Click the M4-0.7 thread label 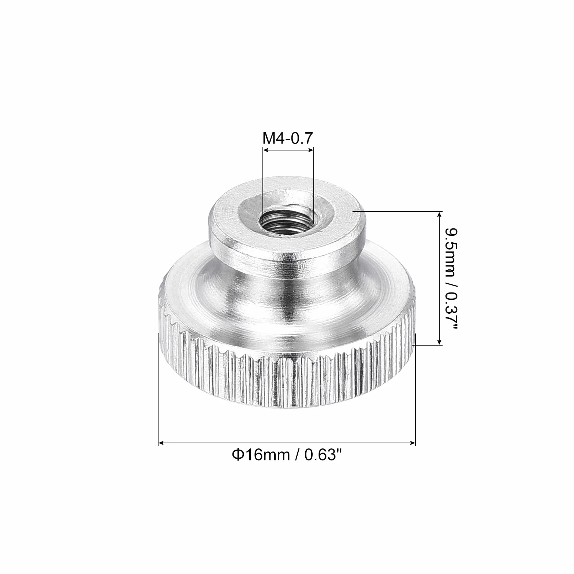pos(288,138)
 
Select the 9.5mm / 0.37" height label pos(451,279)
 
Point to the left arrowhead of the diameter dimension pos(161,443)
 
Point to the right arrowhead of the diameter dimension pos(412,443)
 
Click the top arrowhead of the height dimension pos(440,215)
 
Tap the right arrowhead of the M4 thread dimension pos(310,149)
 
